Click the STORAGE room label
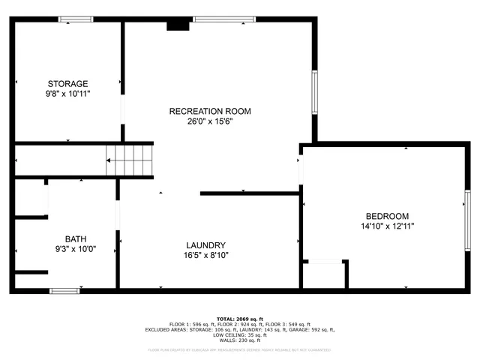[x=68, y=83]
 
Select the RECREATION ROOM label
[x=209, y=111]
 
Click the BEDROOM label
[x=387, y=215]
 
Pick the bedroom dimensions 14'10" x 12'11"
[x=387, y=225]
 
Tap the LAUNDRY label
[x=206, y=245]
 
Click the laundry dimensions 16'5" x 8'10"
[x=206, y=255]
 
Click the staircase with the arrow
[x=130, y=160]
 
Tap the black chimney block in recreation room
[x=178, y=25]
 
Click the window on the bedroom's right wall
[x=467, y=217]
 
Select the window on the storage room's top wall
[x=76, y=19]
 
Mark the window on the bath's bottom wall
[x=65, y=290]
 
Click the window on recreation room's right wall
[x=315, y=92]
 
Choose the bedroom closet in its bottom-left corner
[x=324, y=274]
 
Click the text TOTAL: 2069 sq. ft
[x=239, y=318]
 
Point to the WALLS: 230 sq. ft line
[x=240, y=340]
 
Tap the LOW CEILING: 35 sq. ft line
[x=240, y=334]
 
